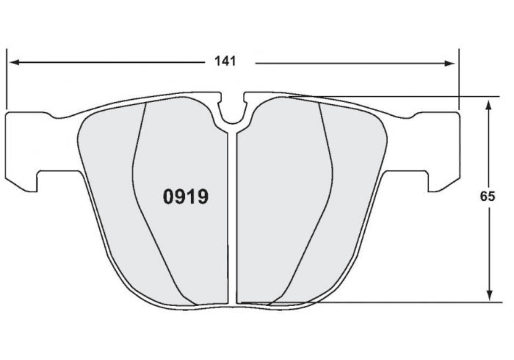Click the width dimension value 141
click(x=225, y=61)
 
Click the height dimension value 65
click(x=487, y=196)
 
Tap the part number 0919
click(x=185, y=197)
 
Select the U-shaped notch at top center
click(x=232, y=115)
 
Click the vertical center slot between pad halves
click(x=232, y=211)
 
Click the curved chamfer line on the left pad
click(x=139, y=201)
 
